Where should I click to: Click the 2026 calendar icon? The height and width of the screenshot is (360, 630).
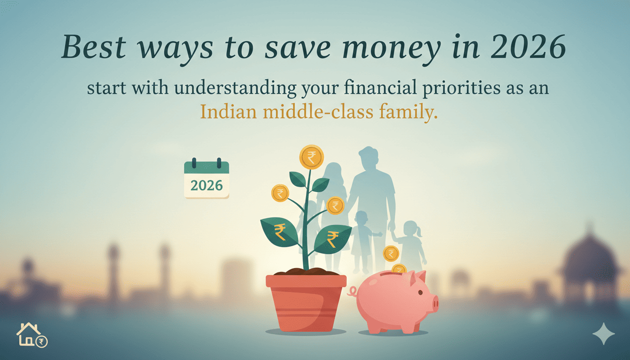coord(207,180)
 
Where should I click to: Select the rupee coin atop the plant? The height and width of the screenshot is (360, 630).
coord(311,157)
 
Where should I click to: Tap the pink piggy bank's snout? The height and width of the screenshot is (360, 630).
coord(434,303)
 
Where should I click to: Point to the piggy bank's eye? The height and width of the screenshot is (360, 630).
coord(420,292)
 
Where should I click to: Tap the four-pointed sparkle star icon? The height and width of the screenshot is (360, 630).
coord(603,334)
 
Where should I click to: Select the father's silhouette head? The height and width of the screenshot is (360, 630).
coord(369,159)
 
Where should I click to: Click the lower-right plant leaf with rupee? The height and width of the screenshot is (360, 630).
coord(332,238)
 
